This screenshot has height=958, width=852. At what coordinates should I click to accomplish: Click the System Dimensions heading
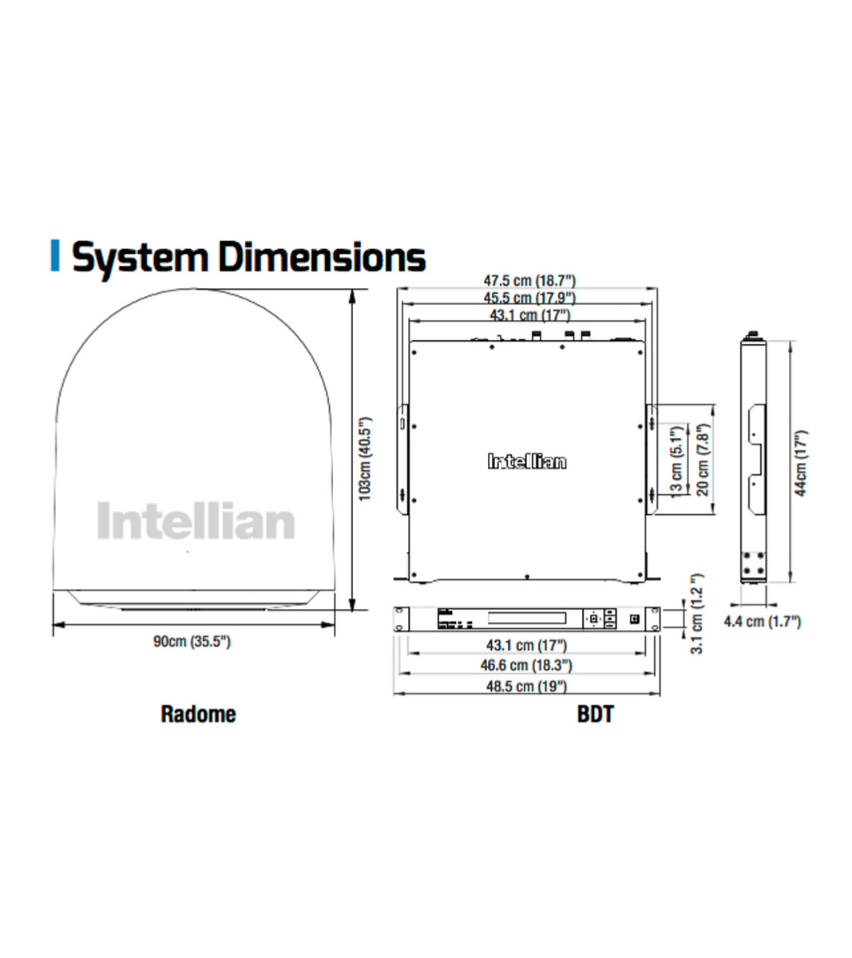[x=248, y=258]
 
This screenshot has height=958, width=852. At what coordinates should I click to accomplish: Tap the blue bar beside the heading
[x=55, y=255]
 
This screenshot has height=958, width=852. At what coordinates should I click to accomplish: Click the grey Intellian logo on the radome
[x=196, y=521]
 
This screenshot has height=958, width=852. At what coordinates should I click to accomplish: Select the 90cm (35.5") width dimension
[x=192, y=641]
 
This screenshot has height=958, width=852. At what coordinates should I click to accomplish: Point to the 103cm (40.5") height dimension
[x=365, y=457]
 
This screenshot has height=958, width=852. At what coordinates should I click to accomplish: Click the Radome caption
[x=198, y=713]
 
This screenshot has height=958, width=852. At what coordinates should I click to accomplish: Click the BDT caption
[x=595, y=714]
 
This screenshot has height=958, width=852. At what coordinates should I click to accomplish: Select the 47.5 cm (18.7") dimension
[x=529, y=281]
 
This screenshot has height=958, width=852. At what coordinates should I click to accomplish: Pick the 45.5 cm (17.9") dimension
[x=529, y=298]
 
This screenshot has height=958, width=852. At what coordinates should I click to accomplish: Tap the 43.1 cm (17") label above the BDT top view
[x=529, y=315]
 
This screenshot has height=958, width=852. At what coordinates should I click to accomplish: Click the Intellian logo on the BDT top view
[x=527, y=461]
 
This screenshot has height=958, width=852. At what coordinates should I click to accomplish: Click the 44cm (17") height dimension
[x=801, y=463]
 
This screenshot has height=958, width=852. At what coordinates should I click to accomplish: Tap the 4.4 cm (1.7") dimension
[x=762, y=621]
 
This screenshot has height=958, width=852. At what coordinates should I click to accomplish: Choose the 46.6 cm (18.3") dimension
[x=526, y=665]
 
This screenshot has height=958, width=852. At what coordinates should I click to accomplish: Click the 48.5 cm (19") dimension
[x=526, y=686]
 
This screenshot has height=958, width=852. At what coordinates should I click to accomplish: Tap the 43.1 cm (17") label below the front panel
[x=526, y=645]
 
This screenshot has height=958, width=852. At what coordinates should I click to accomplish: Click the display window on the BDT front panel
[x=527, y=618]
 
